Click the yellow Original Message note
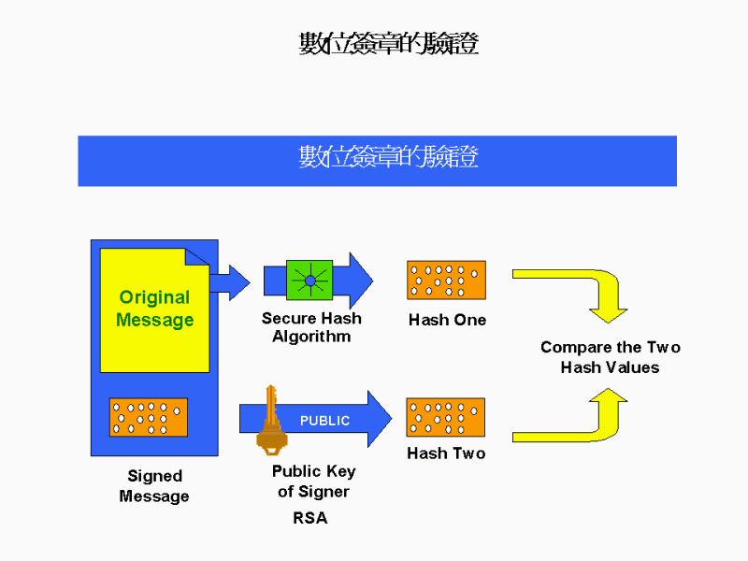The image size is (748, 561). [x=154, y=309]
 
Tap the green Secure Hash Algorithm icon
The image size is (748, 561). [x=309, y=280]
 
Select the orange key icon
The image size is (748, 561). [x=271, y=420]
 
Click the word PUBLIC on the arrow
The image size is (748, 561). [x=324, y=421]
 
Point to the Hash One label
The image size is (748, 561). [x=447, y=320]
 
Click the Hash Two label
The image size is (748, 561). [x=446, y=453]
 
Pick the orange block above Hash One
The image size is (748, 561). [x=446, y=280]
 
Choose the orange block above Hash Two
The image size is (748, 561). [x=446, y=417]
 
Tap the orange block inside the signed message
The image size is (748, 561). [x=148, y=417]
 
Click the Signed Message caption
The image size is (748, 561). [x=154, y=486]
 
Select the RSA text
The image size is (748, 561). [x=310, y=518]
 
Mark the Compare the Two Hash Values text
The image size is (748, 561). [x=610, y=357]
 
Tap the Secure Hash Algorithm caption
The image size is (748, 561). [x=311, y=327]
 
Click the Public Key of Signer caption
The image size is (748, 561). [x=313, y=482]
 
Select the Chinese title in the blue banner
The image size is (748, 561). [x=388, y=158]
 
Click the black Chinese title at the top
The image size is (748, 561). [x=388, y=44]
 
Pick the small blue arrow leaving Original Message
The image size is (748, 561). [x=230, y=280]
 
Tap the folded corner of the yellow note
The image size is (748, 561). [x=198, y=259]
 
